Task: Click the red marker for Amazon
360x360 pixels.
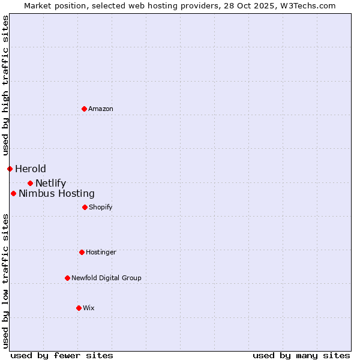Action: point(84,109)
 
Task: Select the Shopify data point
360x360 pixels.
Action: point(85,207)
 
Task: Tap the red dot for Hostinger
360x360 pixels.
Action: point(82,252)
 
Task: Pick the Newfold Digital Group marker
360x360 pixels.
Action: point(67,278)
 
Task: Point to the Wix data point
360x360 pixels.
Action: point(79,308)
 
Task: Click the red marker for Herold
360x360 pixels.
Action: point(10,169)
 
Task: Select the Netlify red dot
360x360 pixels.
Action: point(30,183)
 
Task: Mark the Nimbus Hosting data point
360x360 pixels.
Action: point(13,193)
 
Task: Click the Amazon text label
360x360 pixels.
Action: point(101,109)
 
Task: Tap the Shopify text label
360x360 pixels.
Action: point(101,207)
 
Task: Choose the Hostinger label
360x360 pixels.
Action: point(101,252)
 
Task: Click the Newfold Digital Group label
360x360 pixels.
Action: point(106,278)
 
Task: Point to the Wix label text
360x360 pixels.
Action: point(89,308)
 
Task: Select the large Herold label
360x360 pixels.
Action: point(31,169)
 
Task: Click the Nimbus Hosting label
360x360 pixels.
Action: point(56,193)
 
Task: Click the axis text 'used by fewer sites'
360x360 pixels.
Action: point(62,355)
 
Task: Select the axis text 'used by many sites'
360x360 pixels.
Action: point(301,355)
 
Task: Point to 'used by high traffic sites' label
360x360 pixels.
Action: point(5,86)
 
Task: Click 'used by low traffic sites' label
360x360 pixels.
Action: point(5,280)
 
